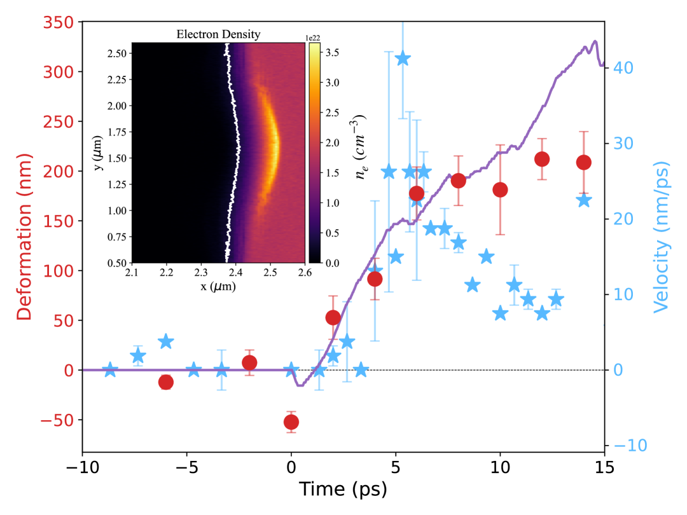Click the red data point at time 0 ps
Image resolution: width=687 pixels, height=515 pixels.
point(291,422)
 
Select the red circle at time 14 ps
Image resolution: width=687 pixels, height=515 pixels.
point(583,162)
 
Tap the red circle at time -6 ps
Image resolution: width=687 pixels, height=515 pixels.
point(166,382)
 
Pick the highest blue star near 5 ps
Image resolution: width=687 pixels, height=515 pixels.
point(402,59)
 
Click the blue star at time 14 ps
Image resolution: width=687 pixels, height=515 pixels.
point(584,201)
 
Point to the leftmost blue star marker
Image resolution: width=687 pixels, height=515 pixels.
point(110,369)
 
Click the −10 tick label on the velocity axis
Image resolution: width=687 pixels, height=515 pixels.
point(629,444)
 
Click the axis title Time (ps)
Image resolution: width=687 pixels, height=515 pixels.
point(343,490)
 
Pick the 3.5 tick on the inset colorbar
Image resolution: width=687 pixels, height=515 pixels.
point(333,53)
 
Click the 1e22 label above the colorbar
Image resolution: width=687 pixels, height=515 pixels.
point(315,38)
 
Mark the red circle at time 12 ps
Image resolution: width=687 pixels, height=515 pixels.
point(542,159)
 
